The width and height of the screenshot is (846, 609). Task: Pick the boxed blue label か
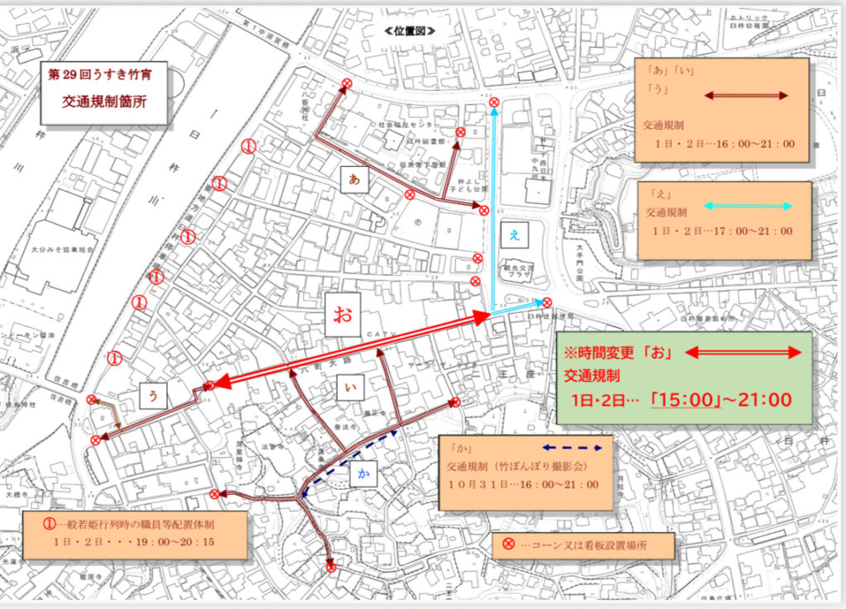tap(364, 473)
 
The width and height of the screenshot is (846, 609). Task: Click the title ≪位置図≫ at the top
tap(410, 31)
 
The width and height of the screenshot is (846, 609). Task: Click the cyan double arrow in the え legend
tap(749, 207)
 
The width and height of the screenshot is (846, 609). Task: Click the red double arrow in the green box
tap(744, 353)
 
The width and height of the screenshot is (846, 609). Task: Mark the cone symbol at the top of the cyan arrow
tap(494, 103)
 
